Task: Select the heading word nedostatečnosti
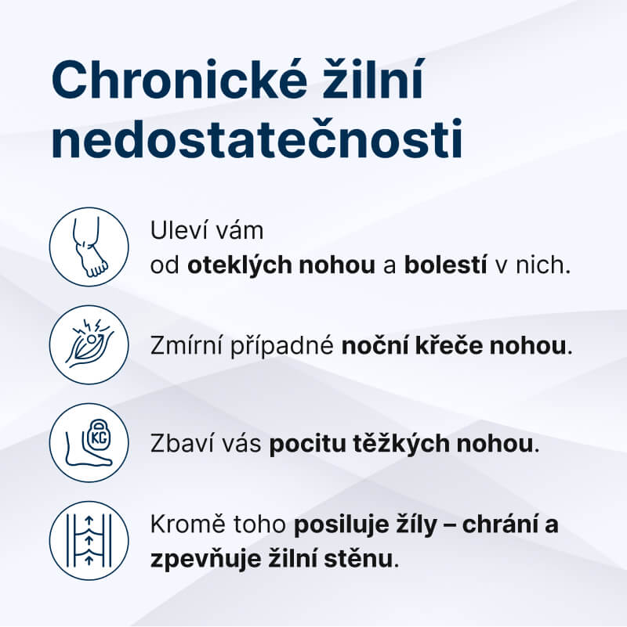click(256, 142)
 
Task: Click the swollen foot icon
click(89, 246)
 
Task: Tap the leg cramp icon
click(89, 344)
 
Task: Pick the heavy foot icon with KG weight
click(89, 442)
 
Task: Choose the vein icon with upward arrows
click(89, 540)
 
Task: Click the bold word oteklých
click(240, 265)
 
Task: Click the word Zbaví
click(179, 444)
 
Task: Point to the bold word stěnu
click(366, 560)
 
